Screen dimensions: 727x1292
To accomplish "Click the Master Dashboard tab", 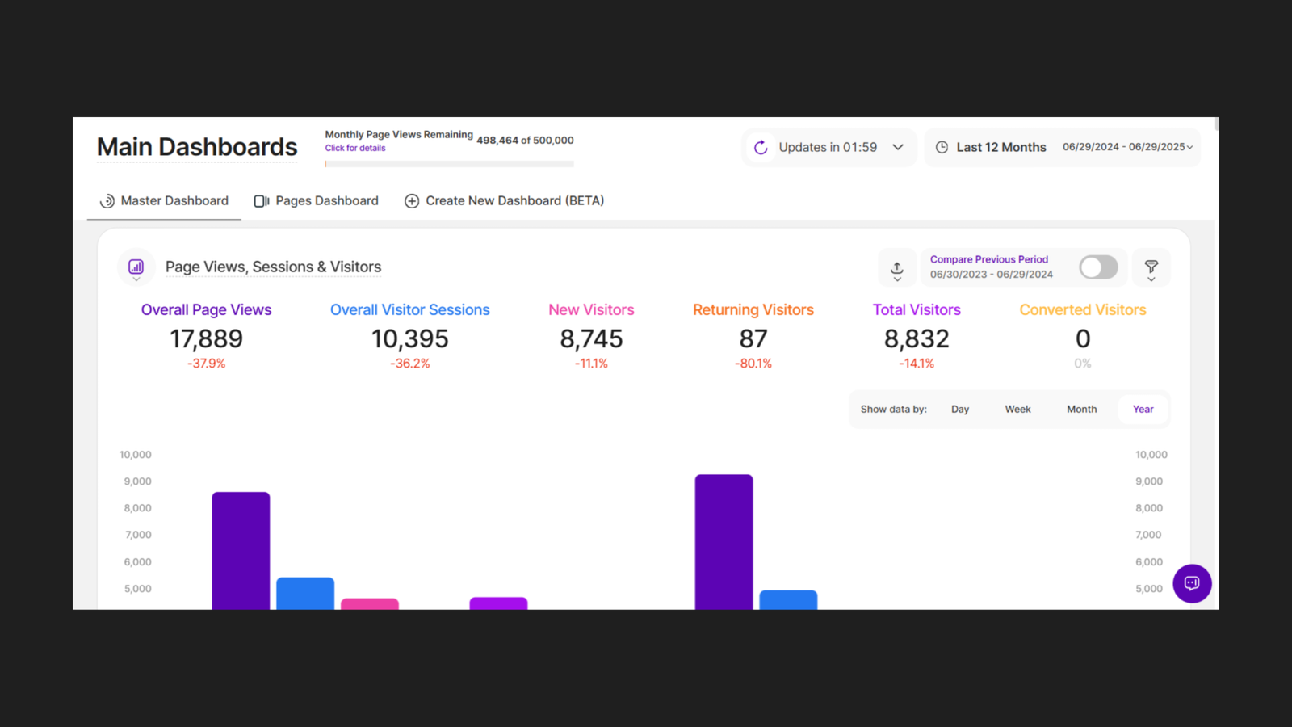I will [x=164, y=201].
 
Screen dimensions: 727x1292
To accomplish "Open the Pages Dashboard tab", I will [x=317, y=201].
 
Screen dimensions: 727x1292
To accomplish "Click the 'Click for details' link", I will [x=355, y=149].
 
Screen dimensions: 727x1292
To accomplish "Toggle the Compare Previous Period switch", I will [x=1098, y=267].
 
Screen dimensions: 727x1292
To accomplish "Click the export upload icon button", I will [x=897, y=268].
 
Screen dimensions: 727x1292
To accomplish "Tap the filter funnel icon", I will [x=1151, y=268].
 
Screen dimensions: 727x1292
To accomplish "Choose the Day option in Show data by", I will [x=960, y=410].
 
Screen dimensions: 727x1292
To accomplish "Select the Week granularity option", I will [x=1017, y=410].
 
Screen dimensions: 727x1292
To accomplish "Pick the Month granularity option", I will [x=1081, y=410].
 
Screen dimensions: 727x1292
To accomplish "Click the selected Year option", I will [x=1143, y=410].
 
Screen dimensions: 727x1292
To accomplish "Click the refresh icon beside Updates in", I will [x=761, y=148].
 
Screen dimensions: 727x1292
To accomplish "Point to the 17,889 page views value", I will [x=206, y=339].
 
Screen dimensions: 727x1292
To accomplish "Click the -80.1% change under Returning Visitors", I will [x=753, y=364].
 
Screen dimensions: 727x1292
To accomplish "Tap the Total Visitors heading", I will [x=917, y=310].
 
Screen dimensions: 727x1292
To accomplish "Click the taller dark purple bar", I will [x=724, y=541].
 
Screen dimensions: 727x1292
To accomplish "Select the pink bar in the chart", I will [x=370, y=603].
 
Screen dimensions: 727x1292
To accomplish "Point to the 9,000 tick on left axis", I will [x=137, y=481].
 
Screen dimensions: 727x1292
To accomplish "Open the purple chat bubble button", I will [x=1192, y=583].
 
